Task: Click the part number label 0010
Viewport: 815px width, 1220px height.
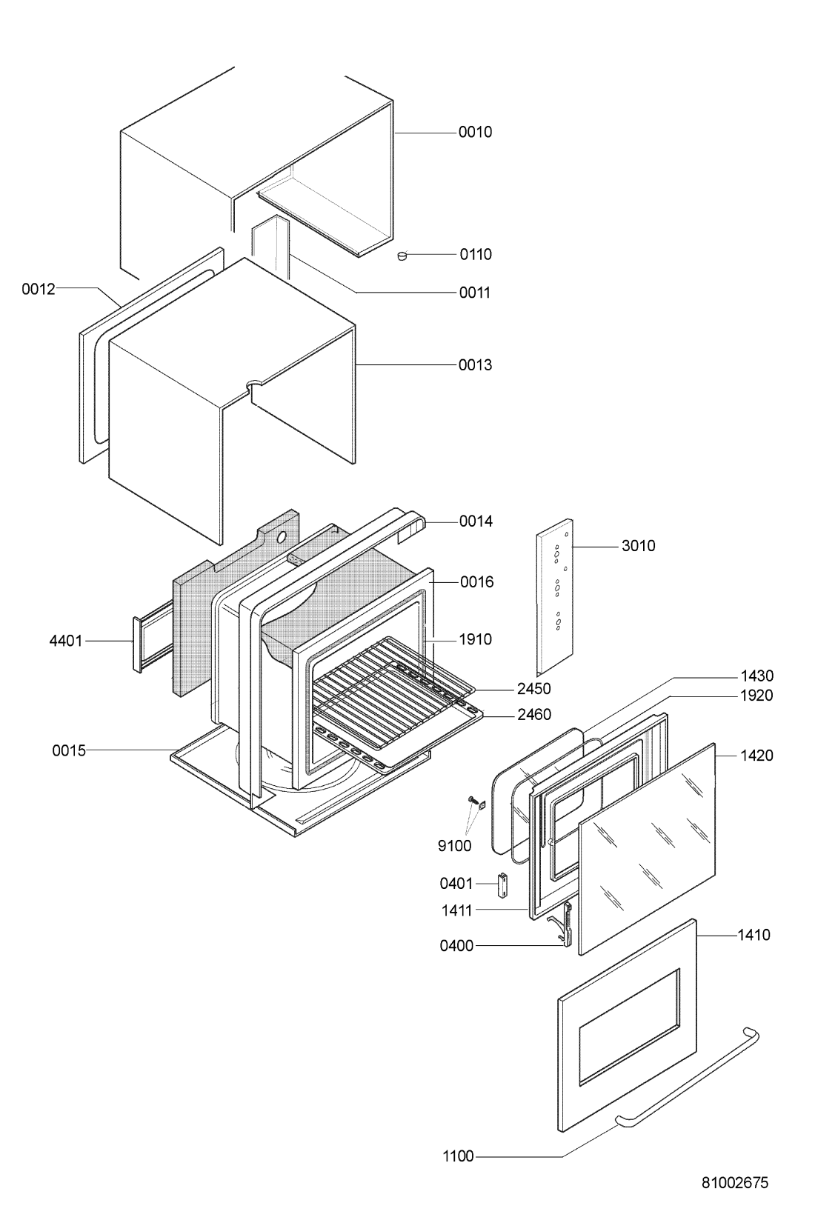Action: [475, 133]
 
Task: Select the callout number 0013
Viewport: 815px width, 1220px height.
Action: [475, 365]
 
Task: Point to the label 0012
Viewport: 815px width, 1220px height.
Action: [39, 289]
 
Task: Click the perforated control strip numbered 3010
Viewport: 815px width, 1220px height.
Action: [555, 596]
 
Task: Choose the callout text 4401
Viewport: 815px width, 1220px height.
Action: [66, 641]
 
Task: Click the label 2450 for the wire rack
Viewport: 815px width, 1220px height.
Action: [534, 688]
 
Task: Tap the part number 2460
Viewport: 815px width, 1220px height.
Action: [534, 714]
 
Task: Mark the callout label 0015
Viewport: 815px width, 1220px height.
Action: [69, 750]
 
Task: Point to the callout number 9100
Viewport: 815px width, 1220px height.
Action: [454, 846]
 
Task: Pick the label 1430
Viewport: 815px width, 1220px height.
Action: [756, 676]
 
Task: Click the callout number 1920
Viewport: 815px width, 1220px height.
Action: [756, 696]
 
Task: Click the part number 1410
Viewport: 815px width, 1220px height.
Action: [754, 935]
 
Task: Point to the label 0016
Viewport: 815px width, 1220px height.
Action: [476, 582]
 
